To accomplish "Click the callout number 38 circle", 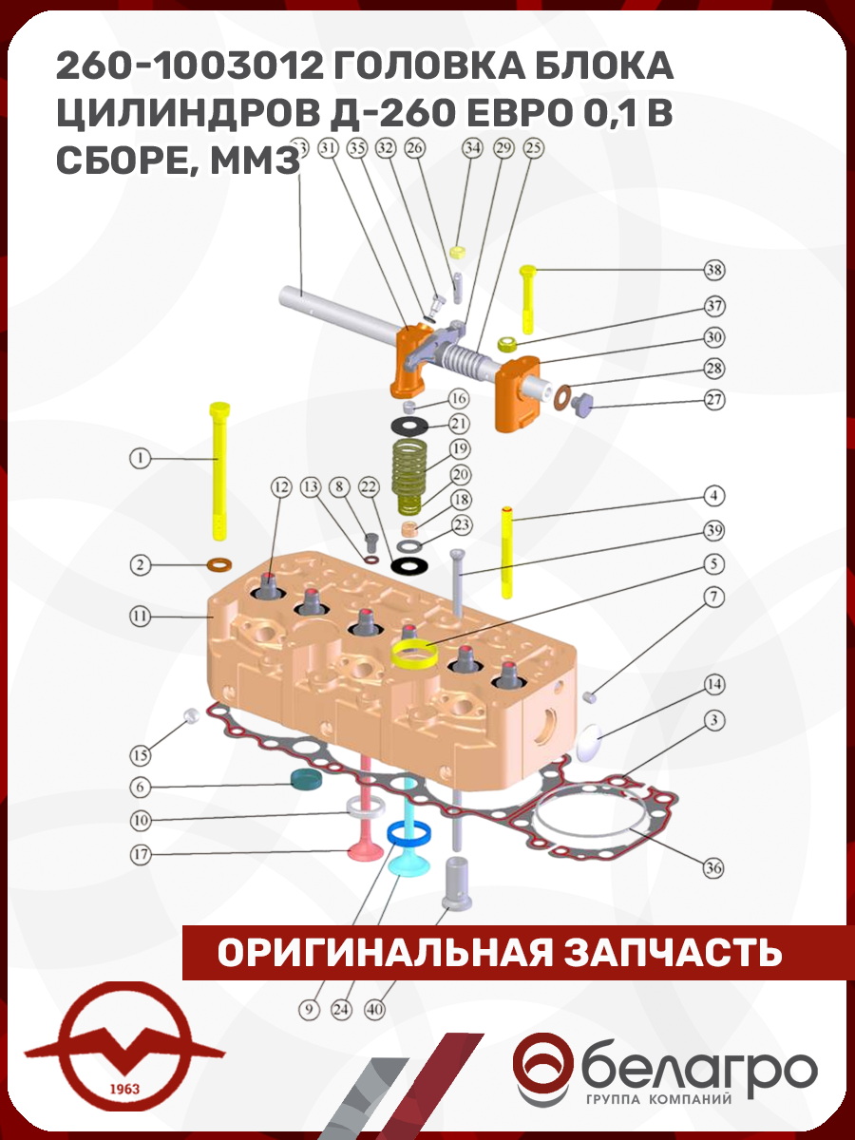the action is coord(714,270).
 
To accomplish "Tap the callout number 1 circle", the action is coord(140,458).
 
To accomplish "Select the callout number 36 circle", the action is coord(713,867).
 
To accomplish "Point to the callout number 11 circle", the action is coord(140,617).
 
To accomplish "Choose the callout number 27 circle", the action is coord(714,400).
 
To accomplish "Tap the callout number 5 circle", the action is coord(713,563).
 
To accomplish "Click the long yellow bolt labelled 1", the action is coord(219,471).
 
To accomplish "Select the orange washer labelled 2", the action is coord(219,564).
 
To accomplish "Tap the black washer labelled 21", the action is coord(409,427).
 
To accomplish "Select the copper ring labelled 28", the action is coord(562,397).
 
